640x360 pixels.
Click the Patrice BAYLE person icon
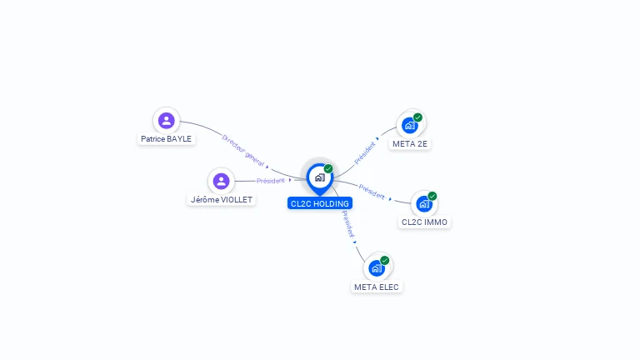point(167,120)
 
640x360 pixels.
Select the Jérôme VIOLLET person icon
point(221,181)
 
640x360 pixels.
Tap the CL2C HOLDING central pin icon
point(319,177)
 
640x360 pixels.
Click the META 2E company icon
point(409,125)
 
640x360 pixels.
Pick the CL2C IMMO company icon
point(423,203)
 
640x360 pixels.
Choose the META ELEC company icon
point(376,267)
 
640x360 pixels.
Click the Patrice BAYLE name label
point(167,139)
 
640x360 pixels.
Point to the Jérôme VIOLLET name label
point(221,200)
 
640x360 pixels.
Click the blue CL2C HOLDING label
point(320,203)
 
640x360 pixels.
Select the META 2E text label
point(411,144)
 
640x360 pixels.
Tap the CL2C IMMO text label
point(424,222)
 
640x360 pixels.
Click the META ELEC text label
point(377,287)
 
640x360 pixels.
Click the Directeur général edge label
point(243,150)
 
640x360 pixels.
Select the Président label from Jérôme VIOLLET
point(271,180)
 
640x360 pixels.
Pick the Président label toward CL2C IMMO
point(372,191)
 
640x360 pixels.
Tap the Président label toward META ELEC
point(348,224)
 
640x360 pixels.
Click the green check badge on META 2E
point(417,117)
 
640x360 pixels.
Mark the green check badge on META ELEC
point(384,260)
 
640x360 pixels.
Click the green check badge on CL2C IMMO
point(432,196)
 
